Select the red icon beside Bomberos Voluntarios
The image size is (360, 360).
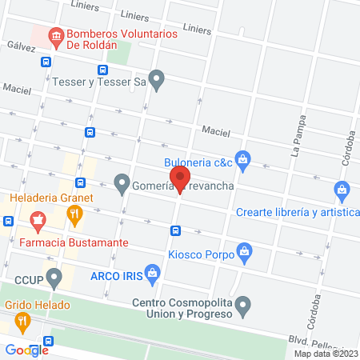click(x=55, y=34)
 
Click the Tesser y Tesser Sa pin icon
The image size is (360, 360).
click(x=158, y=80)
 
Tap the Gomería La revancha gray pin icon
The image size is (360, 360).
click(x=122, y=185)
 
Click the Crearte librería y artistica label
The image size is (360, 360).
click(x=297, y=212)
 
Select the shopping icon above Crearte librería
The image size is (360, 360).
click(x=342, y=190)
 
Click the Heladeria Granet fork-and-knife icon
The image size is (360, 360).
click(x=74, y=213)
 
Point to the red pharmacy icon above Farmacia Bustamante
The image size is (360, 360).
click(x=36, y=218)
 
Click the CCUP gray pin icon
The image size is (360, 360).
click(x=54, y=278)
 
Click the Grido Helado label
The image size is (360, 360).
click(x=37, y=305)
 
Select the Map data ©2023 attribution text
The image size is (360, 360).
click(x=325, y=354)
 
